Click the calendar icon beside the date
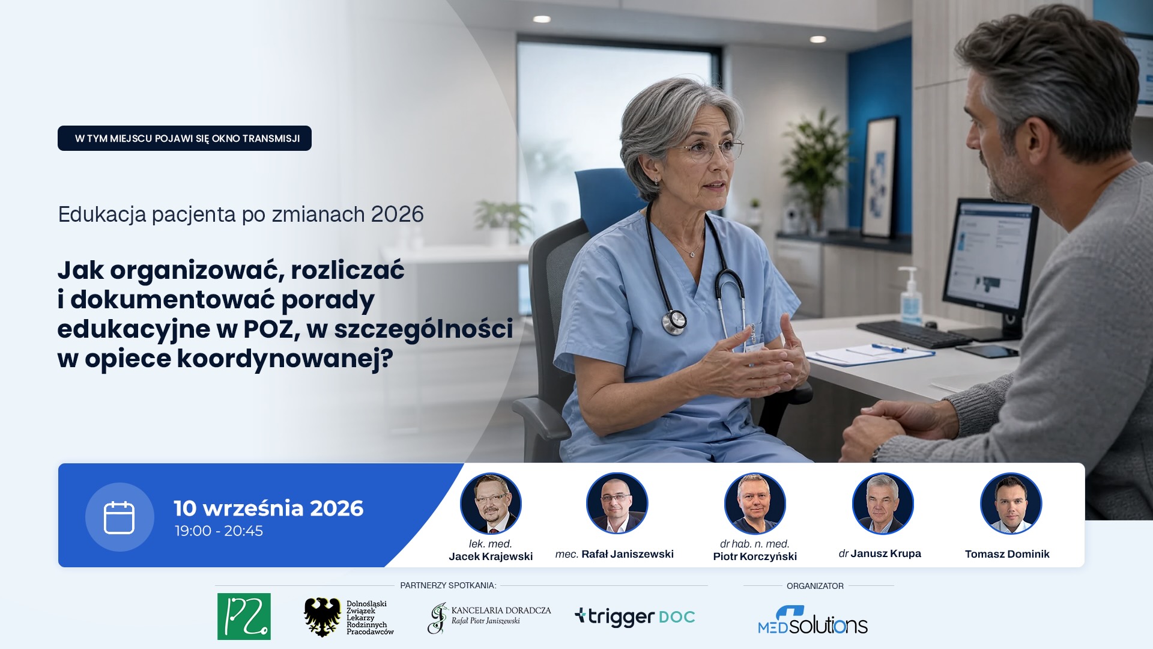coord(119,517)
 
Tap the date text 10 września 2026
coord(268,508)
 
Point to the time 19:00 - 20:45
coord(219,531)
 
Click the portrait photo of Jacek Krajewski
coord(491,504)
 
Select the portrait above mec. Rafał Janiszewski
coord(617,504)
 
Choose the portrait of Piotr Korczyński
coord(755,504)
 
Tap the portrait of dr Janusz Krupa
coord(883,504)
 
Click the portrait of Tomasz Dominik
coord(1011,504)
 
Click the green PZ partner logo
coord(244,617)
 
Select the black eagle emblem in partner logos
coord(322,617)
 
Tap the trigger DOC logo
coord(635,617)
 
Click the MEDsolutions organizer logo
coord(813,621)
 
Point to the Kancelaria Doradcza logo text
coord(501,615)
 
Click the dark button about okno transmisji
coord(184,138)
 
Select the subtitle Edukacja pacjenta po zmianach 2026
coord(241,215)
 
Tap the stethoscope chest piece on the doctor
coord(674,322)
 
